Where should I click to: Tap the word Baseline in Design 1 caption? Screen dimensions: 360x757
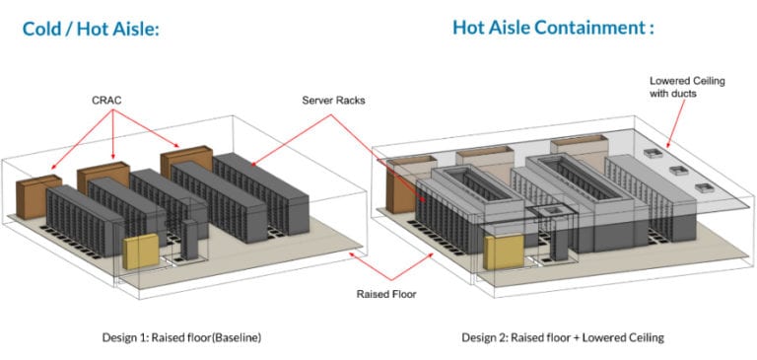pos(231,337)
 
